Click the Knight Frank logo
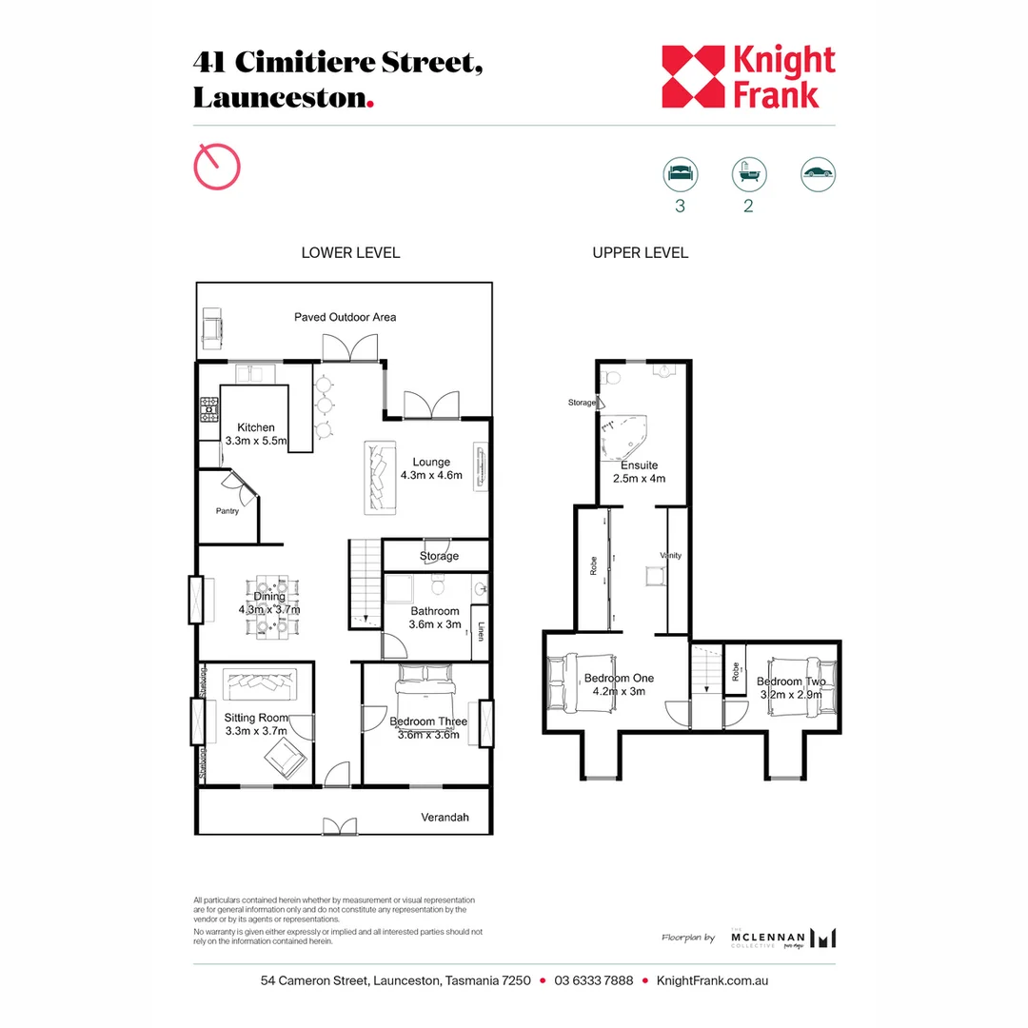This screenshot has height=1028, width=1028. (748, 77)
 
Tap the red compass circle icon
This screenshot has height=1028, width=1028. (217, 167)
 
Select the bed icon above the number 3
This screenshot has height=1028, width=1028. (680, 173)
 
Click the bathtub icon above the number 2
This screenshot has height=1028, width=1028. (748, 173)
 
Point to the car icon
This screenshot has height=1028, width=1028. (818, 173)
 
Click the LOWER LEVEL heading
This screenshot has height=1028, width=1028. (350, 252)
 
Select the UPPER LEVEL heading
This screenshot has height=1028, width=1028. (640, 252)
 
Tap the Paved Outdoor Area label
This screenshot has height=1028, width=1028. (345, 317)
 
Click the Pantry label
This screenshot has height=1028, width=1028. (227, 511)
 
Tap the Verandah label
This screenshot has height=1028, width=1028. (445, 818)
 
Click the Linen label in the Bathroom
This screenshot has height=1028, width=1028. (483, 630)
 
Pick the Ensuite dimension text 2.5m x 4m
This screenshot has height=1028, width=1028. (639, 479)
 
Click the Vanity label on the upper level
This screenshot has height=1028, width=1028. (671, 555)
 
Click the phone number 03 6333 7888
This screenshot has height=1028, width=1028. (594, 980)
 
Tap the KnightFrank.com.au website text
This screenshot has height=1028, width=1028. (713, 980)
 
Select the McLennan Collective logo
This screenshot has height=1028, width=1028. (783, 938)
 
